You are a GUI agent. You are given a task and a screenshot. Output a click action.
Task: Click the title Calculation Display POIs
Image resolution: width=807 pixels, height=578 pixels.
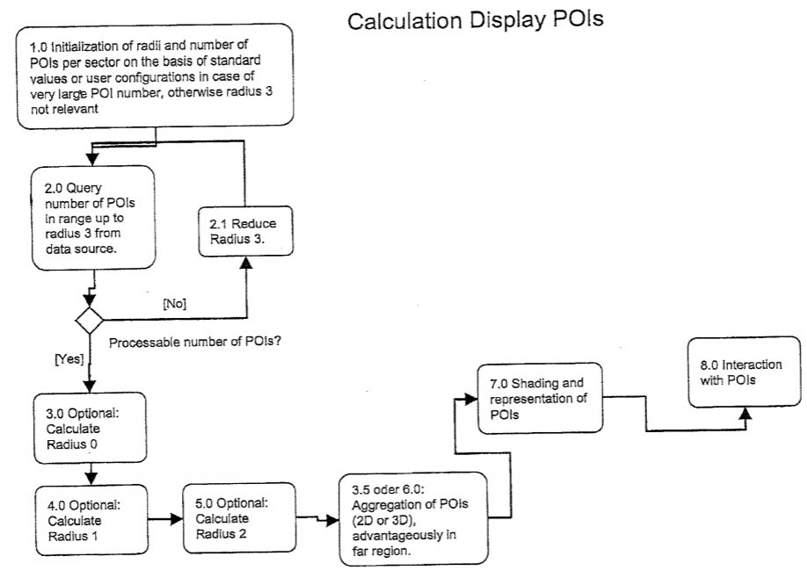(x=476, y=21)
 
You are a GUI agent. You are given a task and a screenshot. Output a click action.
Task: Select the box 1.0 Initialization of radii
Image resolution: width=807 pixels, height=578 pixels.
(x=154, y=79)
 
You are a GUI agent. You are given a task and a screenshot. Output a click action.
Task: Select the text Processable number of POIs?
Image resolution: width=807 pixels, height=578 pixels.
(x=194, y=341)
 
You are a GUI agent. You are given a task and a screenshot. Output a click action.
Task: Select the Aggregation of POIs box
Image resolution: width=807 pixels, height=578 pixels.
(x=412, y=517)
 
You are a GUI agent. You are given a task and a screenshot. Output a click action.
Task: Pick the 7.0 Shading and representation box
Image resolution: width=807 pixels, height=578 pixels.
(x=537, y=397)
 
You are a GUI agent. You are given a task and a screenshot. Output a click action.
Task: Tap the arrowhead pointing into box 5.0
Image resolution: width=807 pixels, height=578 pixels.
(x=175, y=519)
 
